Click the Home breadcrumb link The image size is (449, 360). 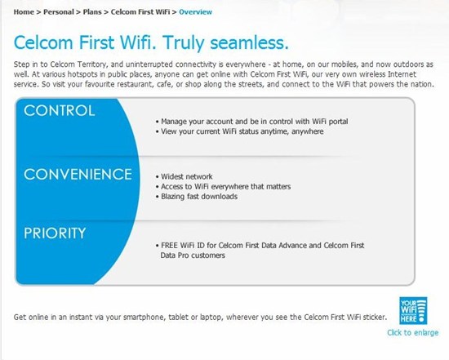pyautogui.click(x=24, y=12)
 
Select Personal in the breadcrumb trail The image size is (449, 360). pyautogui.click(x=59, y=12)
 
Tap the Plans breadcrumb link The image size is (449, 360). pyautogui.click(x=92, y=12)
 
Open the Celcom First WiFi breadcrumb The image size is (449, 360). pyautogui.click(x=140, y=12)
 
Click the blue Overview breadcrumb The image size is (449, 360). pyautogui.click(x=196, y=12)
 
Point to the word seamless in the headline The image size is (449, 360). pyautogui.click(x=249, y=42)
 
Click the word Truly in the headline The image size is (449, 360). pyautogui.click(x=184, y=43)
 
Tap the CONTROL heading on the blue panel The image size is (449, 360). pyautogui.click(x=60, y=110)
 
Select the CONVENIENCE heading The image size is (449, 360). pyautogui.click(x=78, y=174)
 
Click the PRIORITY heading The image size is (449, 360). pyautogui.click(x=55, y=233)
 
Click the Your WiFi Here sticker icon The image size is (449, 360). pyautogui.click(x=413, y=311)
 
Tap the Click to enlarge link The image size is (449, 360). pyautogui.click(x=412, y=332)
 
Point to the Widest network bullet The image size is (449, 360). pyautogui.click(x=184, y=176)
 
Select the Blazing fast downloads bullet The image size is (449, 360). pyautogui.click(x=197, y=197)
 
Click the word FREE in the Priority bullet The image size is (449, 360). pyautogui.click(x=169, y=246)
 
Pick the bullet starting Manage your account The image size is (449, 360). pyautogui.click(x=252, y=122)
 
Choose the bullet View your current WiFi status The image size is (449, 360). pyautogui.click(x=240, y=131)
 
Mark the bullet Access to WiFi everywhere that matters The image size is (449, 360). pyautogui.click(x=223, y=186)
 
